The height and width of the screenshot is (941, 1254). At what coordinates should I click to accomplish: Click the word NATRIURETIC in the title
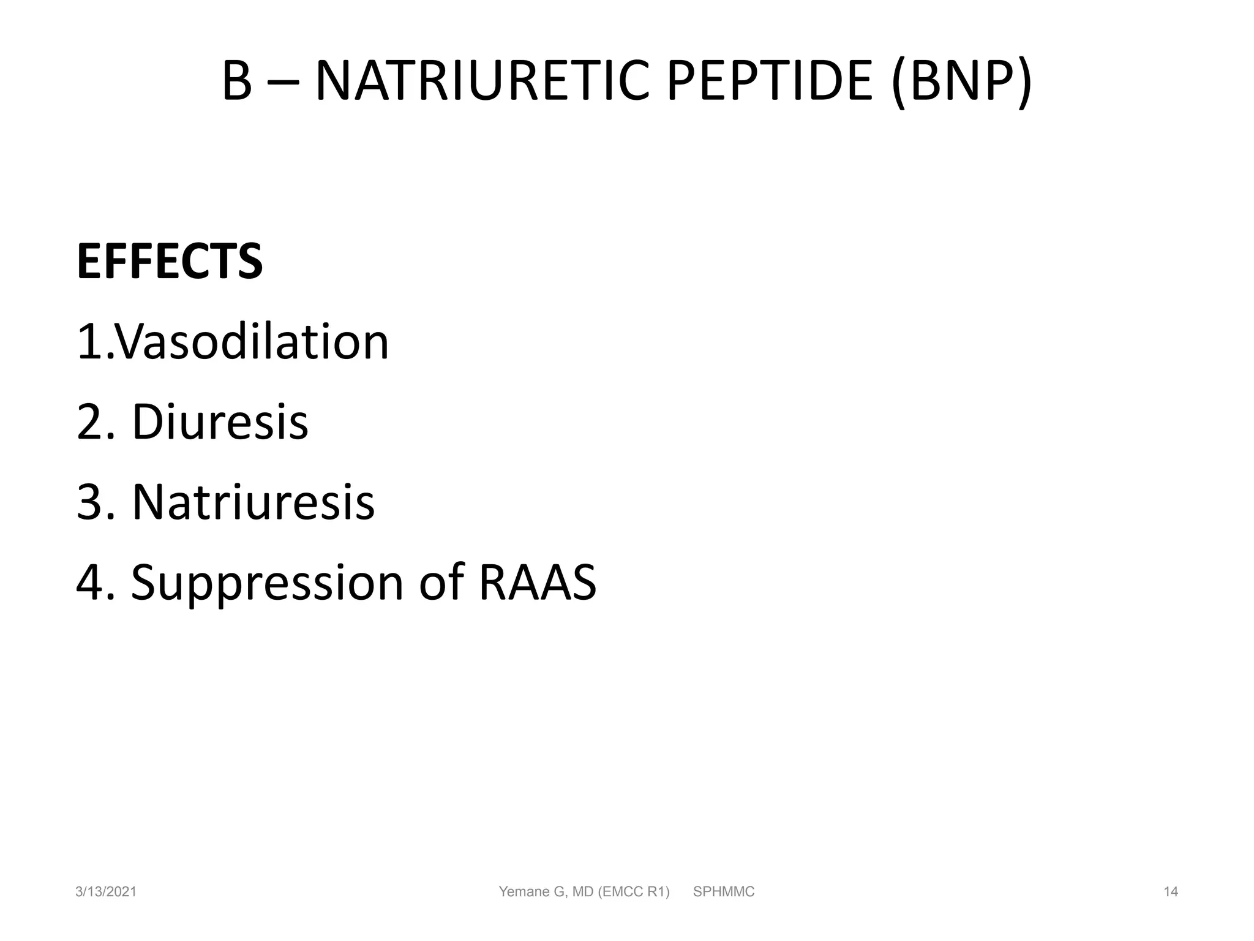(481, 81)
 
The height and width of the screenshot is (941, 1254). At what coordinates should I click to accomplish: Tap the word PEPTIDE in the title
(769, 81)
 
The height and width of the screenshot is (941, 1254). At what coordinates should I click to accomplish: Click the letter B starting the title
(236, 81)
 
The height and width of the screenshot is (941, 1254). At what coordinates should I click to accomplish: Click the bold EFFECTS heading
(170, 262)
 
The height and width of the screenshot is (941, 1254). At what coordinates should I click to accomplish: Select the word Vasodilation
(251, 342)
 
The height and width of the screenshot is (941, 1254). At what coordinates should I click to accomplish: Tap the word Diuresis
(220, 422)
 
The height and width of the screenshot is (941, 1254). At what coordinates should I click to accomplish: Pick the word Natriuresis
(253, 502)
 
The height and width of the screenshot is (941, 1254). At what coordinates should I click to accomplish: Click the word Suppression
(267, 583)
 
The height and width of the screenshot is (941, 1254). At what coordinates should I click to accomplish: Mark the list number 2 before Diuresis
(89, 423)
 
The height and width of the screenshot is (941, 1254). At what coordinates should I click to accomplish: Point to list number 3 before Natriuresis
(89, 503)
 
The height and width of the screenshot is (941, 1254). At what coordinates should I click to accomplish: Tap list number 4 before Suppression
(89, 583)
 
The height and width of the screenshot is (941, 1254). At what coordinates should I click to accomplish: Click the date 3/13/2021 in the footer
(106, 892)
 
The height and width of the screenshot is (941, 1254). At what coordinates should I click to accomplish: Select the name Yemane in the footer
(524, 892)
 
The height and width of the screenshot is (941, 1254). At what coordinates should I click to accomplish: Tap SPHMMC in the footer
(724, 892)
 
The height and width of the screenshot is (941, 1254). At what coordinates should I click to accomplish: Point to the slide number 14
(1171, 892)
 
